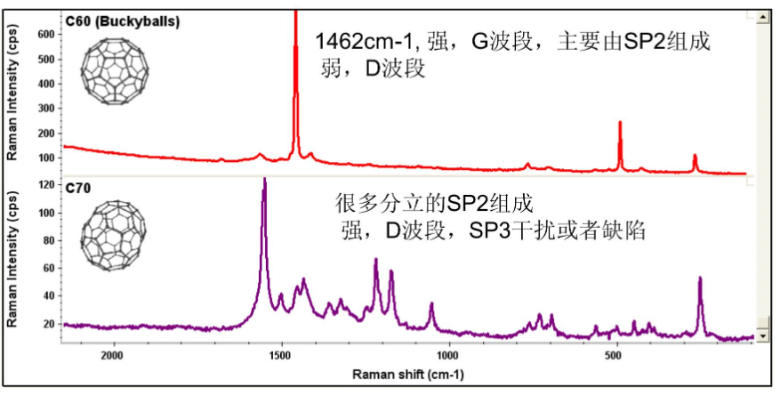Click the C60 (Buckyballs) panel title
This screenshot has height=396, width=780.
click(123, 20)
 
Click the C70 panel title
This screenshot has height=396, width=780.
click(78, 188)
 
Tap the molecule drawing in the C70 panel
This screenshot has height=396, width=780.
click(111, 236)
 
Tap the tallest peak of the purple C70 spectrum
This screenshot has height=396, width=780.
click(264, 181)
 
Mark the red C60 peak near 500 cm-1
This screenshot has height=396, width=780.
click(620, 124)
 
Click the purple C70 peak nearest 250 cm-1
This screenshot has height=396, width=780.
click(700, 279)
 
